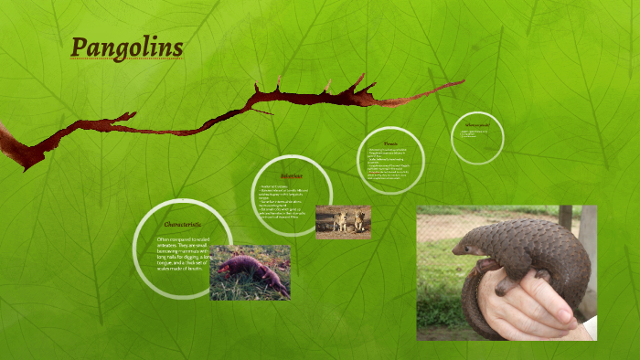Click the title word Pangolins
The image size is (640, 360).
coord(127,47)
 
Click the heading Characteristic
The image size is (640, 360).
coord(182,224)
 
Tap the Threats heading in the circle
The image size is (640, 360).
coord(390,143)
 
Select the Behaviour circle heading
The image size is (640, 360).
coord(292,175)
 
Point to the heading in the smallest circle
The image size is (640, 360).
coord(477,124)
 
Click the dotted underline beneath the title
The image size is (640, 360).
coord(127,61)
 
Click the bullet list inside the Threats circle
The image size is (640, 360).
coord(390,164)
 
